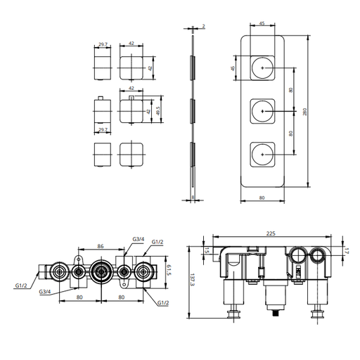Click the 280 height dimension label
tap(304, 112)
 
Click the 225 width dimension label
tap(271, 233)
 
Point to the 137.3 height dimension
tap(192, 280)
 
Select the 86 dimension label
tap(101, 246)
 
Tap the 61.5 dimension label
tap(169, 270)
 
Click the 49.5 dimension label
tap(157, 111)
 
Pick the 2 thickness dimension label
tap(203, 26)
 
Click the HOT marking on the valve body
tap(298, 272)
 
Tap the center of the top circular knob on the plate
tap(262, 67)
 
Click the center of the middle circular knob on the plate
tap(262, 111)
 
